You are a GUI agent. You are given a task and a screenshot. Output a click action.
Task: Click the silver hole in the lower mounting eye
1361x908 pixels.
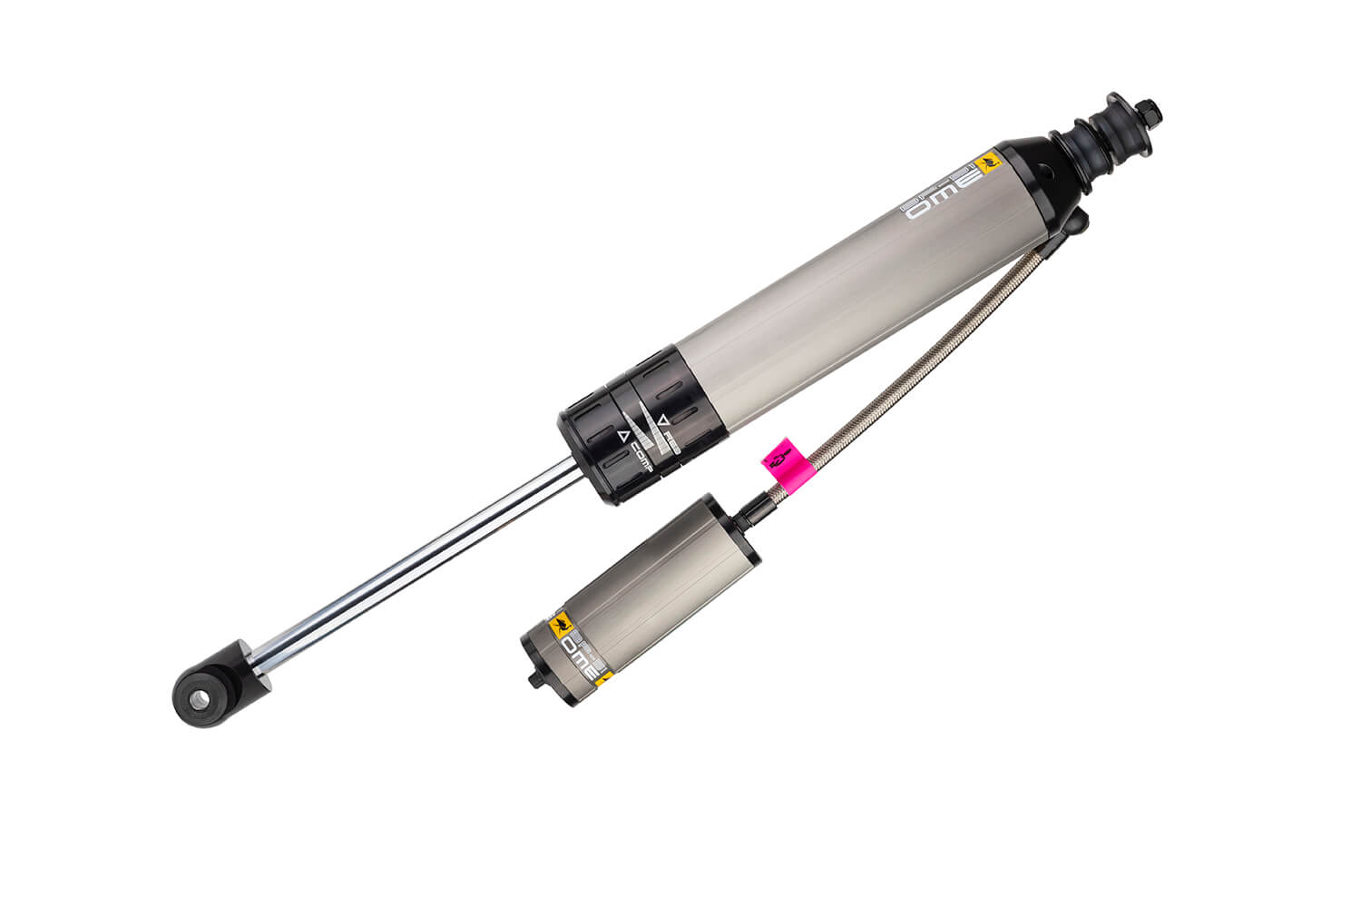pos(197,697)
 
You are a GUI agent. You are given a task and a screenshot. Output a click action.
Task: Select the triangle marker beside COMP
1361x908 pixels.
pos(623,436)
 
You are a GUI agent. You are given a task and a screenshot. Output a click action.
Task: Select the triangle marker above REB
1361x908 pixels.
pos(664,419)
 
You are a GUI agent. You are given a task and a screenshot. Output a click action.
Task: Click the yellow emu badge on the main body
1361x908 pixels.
pos(986,164)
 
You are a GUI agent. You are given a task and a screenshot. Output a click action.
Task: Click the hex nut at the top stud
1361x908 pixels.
pos(1150,112)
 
